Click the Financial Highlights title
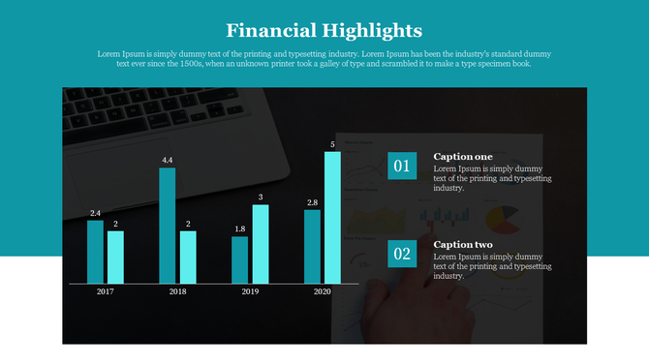click(324, 30)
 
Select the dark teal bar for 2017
click(95, 252)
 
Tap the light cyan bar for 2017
click(115, 257)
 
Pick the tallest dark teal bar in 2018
click(168, 226)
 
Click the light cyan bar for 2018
click(188, 257)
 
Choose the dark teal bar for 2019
click(239, 259)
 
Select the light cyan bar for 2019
click(260, 244)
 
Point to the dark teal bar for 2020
click(312, 247)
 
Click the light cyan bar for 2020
click(332, 218)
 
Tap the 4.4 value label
click(168, 160)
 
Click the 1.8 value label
click(239, 228)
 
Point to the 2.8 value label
click(312, 203)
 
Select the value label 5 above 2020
click(332, 144)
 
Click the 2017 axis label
click(105, 291)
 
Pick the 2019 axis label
click(250, 291)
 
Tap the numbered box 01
click(401, 167)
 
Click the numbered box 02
click(401, 255)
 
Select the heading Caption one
click(463, 157)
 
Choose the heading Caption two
click(463, 245)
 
